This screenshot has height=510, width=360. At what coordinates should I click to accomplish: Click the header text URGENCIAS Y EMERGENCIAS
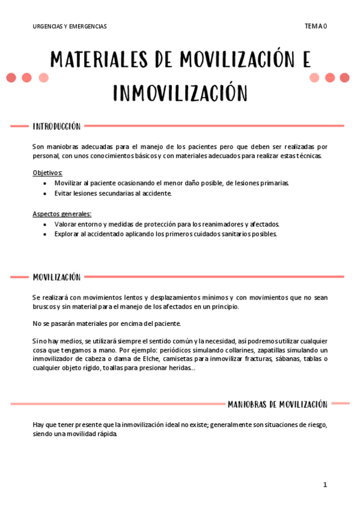tap(70, 26)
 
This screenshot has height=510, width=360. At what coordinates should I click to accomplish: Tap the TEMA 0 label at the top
tap(316, 26)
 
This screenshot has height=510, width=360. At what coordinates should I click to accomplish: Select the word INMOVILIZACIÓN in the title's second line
tap(180, 93)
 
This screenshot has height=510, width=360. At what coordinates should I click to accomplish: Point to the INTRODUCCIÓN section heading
tap(56, 126)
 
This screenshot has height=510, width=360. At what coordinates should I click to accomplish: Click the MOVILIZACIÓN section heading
tap(56, 277)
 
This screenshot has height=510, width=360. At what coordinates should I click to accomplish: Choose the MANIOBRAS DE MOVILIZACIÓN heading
tap(277, 404)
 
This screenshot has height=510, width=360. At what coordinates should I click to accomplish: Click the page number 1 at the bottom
tap(325, 484)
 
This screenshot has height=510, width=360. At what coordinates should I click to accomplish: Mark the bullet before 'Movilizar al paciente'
tap(47, 183)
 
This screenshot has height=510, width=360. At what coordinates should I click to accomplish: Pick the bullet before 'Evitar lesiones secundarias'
tap(47, 194)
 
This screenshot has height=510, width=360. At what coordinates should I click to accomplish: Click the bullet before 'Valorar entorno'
tap(47, 224)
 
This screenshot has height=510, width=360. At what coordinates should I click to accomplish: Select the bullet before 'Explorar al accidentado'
tap(47, 235)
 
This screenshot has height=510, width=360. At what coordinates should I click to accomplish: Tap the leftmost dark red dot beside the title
tap(11, 78)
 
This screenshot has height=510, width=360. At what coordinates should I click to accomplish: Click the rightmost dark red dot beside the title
tap(344, 78)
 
